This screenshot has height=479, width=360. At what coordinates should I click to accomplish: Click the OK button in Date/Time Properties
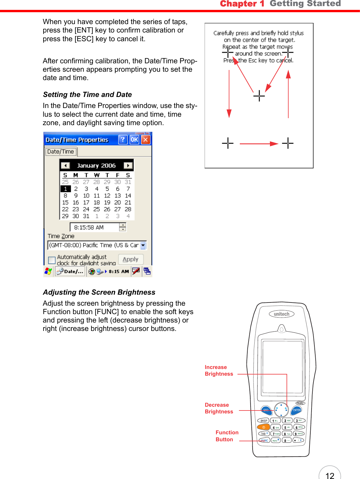(134, 140)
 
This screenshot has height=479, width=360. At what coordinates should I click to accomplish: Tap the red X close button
(146, 140)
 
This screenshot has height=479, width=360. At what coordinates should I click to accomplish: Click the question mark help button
(123, 140)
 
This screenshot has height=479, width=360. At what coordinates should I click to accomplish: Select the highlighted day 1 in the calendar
(65, 189)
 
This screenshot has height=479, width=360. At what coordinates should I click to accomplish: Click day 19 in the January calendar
(107, 202)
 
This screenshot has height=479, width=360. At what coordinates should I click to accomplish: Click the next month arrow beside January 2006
(128, 165)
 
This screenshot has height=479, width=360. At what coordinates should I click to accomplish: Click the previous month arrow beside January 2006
(65, 165)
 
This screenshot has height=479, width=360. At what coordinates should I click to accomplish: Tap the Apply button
(131, 259)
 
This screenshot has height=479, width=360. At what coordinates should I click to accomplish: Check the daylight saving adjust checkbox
(52, 260)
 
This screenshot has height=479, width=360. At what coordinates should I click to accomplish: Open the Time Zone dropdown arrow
(143, 245)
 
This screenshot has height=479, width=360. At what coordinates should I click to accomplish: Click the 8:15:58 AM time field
(93, 227)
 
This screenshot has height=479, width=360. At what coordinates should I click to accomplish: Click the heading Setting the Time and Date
(87, 95)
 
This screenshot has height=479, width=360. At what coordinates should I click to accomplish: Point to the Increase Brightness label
(219, 370)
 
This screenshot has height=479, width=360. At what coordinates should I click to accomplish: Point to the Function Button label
(227, 436)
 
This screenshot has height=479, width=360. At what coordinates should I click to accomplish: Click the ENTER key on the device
(297, 410)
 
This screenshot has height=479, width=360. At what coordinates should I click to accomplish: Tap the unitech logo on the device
(281, 314)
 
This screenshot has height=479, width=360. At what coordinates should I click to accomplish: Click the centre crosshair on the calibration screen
(259, 96)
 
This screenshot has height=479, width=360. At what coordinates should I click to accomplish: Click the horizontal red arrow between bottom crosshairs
(258, 143)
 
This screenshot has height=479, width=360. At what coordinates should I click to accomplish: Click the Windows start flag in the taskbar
(48, 271)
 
